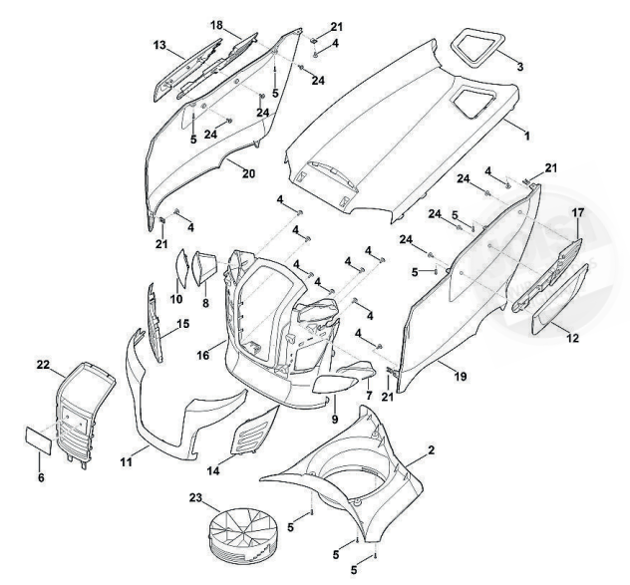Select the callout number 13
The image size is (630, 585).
(x=158, y=45)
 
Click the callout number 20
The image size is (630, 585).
(x=248, y=173)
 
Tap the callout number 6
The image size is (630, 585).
(x=41, y=477)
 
